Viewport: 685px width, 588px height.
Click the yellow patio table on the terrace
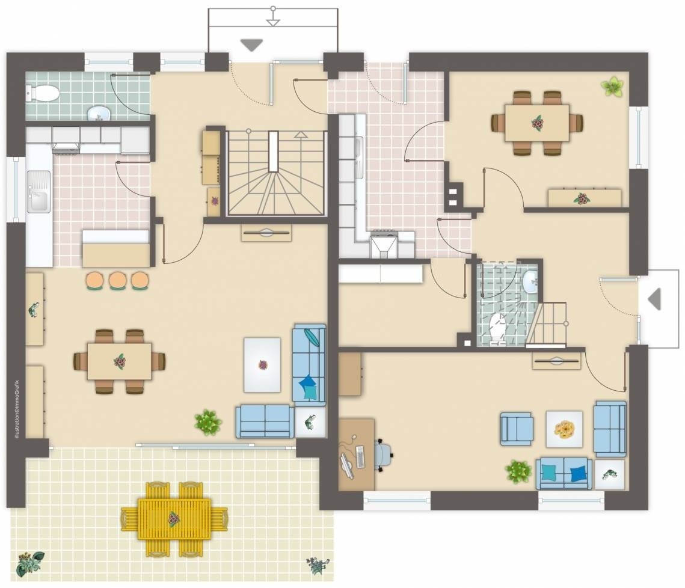[174, 519]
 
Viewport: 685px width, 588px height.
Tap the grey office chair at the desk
[384, 455]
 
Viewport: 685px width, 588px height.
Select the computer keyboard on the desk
[361, 457]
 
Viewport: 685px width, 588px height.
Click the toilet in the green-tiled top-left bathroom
[42, 93]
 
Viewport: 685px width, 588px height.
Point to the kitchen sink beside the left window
[38, 192]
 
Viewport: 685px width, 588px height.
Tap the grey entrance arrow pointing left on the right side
[654, 299]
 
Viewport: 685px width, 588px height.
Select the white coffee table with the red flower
[262, 365]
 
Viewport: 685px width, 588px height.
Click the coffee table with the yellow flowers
[564, 429]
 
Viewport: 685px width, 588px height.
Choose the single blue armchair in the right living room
[517, 429]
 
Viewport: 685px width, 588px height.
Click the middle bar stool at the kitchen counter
[117, 280]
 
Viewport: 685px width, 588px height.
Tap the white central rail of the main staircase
[274, 151]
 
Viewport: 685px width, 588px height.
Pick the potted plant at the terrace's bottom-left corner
[29, 563]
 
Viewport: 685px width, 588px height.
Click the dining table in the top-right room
[537, 123]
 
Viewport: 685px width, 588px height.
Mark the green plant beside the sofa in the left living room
[208, 422]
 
